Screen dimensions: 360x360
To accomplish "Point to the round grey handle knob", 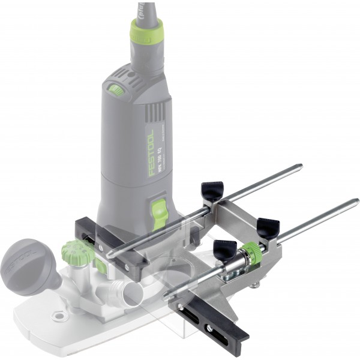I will tap(25, 259).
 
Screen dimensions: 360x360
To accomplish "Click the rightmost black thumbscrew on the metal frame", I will tap(268, 227).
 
